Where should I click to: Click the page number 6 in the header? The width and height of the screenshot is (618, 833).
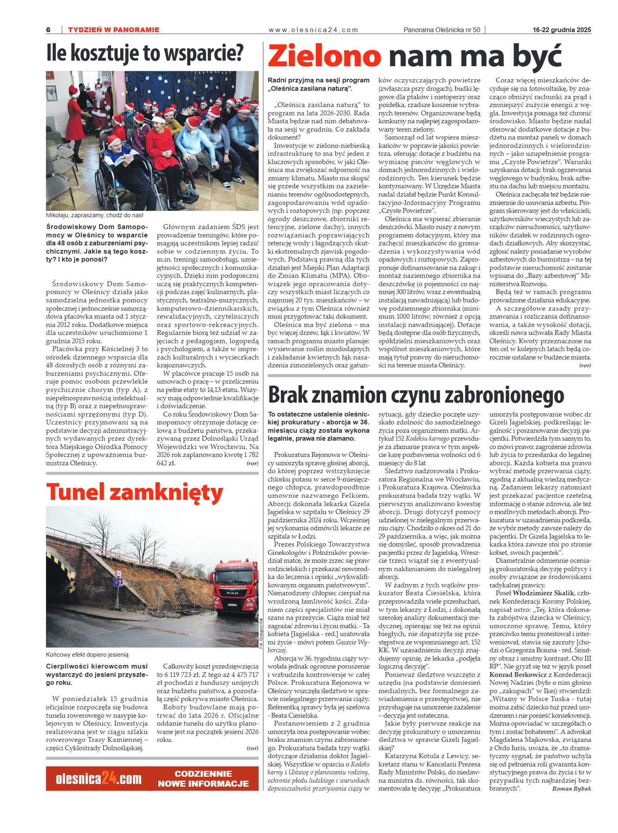coord(48,30)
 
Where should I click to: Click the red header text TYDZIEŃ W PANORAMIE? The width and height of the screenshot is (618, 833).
coord(113,30)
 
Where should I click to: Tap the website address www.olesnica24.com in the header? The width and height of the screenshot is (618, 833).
coord(313,30)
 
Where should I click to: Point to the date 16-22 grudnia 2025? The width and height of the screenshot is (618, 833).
coord(562,30)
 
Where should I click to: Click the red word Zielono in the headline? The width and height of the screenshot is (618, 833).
coord(324,56)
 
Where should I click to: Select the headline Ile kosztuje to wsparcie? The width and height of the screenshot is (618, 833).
coord(145,53)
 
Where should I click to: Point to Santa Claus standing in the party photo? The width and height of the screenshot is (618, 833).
coord(100,99)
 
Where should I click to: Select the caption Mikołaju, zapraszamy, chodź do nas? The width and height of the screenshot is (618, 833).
coord(94,215)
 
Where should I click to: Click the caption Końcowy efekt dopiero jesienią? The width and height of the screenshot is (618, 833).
coord(87,654)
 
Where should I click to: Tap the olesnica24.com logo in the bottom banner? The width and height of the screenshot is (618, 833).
coord(98,779)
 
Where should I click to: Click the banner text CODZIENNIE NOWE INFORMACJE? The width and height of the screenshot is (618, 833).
coord(203,779)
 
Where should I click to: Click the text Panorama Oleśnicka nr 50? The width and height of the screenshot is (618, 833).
coord(441,30)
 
